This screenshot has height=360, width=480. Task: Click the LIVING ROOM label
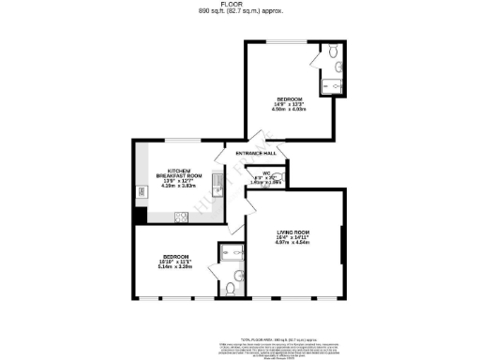tap(292, 231)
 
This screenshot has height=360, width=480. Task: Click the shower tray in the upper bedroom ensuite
tap(335, 86)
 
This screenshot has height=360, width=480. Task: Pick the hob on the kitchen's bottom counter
tap(181, 217)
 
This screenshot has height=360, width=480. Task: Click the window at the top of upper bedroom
tap(283, 42)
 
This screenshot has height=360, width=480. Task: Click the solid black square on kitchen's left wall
tap(139, 215)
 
